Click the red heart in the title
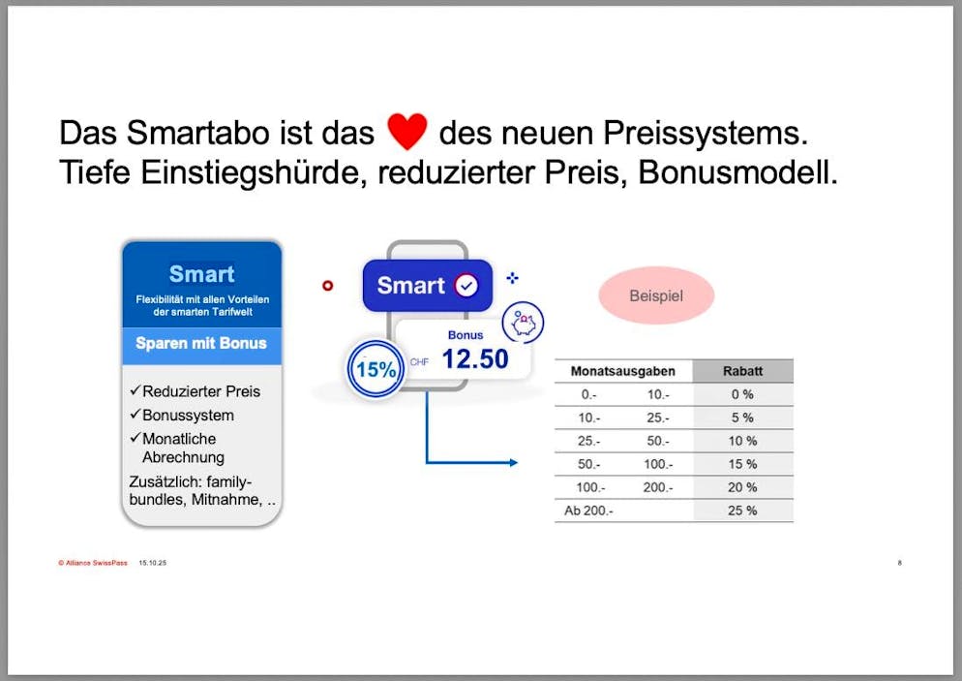[406, 132]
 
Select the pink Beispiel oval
[655, 295]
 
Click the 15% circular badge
[376, 369]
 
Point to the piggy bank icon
[524, 322]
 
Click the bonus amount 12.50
[474, 359]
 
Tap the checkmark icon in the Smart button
[466, 286]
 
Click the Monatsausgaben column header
[622, 371]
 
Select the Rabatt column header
[742, 371]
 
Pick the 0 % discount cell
[742, 394]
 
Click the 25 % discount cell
[742, 511]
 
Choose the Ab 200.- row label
[588, 511]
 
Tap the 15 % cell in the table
[742, 464]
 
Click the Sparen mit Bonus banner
[201, 344]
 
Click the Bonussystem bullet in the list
[188, 415]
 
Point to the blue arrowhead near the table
[512, 463]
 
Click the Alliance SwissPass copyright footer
[92, 563]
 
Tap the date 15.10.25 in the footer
[153, 563]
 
